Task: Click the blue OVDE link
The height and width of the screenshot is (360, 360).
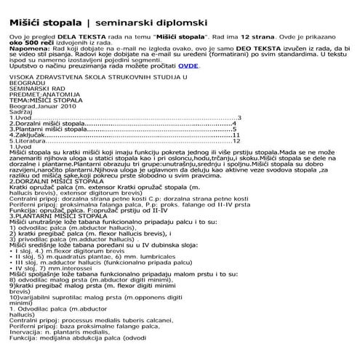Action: pyautogui.click(x=189, y=65)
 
